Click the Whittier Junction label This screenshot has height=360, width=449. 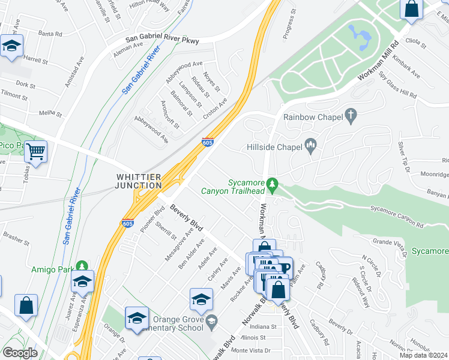coord(139,181)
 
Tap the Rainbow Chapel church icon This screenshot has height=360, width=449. coord(351,116)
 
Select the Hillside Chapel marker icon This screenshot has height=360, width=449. coord(311,144)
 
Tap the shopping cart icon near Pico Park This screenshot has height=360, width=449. coord(37,152)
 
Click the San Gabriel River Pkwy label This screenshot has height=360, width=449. coord(161,40)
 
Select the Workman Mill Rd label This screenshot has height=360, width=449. coord(378,62)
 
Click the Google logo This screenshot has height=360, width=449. coord(20,353)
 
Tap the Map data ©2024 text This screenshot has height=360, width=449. coord(424,355)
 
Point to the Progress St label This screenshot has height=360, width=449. coord(291,22)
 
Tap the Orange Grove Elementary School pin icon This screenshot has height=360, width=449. coord(211,323)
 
